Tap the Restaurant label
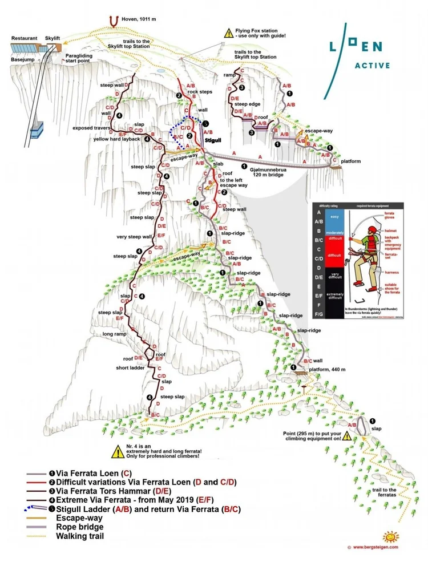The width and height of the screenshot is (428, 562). click(25, 38)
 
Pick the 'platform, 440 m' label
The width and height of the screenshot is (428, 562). click(323, 369)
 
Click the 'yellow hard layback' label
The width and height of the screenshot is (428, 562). click(118, 138)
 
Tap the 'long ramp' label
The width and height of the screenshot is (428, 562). click(114, 334)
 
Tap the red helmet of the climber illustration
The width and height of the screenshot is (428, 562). click(372, 230)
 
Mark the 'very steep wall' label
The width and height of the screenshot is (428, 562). click(134, 236)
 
